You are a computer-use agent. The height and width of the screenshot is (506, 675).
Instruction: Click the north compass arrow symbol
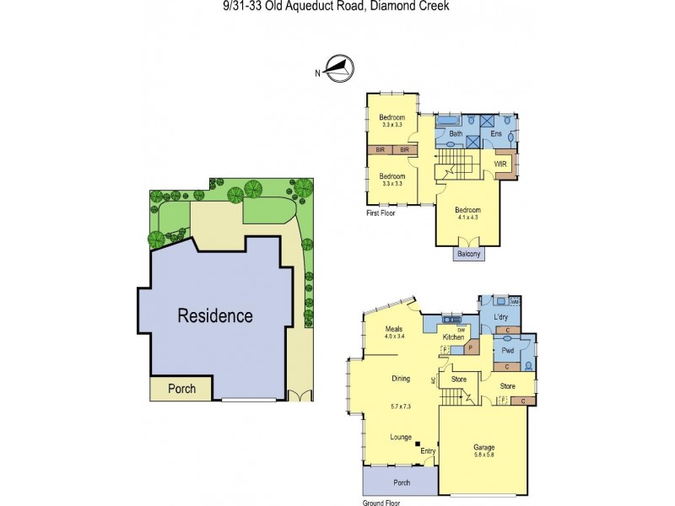click(339, 67)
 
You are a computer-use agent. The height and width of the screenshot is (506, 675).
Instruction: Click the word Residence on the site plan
click(214, 316)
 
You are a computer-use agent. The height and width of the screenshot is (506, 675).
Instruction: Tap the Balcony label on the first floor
click(469, 254)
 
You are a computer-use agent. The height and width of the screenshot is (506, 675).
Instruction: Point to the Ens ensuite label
click(497, 134)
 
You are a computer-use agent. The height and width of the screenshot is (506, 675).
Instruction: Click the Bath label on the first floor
click(455, 134)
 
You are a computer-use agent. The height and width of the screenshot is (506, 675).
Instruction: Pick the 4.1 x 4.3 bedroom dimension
click(468, 217)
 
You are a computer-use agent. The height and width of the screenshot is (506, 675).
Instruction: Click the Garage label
click(483, 447)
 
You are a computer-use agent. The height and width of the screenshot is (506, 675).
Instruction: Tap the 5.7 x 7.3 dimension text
click(401, 406)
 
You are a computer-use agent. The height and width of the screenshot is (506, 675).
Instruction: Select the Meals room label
click(394, 329)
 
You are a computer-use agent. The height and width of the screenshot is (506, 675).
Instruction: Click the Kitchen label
click(453, 337)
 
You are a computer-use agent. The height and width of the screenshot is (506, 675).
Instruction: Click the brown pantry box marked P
click(468, 347)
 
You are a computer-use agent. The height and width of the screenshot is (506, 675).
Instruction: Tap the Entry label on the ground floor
click(428, 452)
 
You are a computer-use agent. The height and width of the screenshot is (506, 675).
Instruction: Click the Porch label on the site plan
click(181, 389)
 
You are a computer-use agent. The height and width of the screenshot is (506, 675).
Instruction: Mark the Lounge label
click(401, 437)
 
